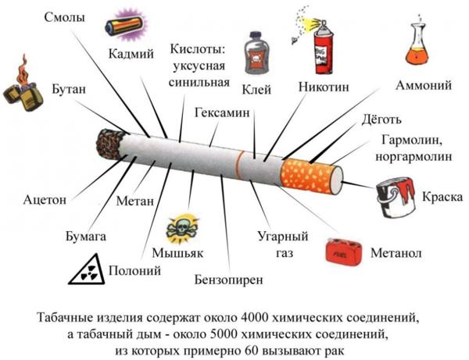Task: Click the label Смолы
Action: click(65, 17)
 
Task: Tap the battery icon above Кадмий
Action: click(126, 27)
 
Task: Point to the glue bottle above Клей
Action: click(256, 53)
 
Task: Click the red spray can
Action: click(322, 47)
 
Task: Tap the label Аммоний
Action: click(424, 85)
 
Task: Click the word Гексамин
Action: click(222, 113)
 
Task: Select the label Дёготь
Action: click(381, 119)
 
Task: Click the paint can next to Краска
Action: click(396, 197)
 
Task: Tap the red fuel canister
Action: click(343, 251)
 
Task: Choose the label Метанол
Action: click(396, 253)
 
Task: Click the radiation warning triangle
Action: click(88, 269)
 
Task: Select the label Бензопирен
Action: click(229, 280)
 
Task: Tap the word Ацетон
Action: click(45, 200)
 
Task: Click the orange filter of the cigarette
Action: click(308, 176)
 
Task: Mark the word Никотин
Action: click(324, 87)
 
